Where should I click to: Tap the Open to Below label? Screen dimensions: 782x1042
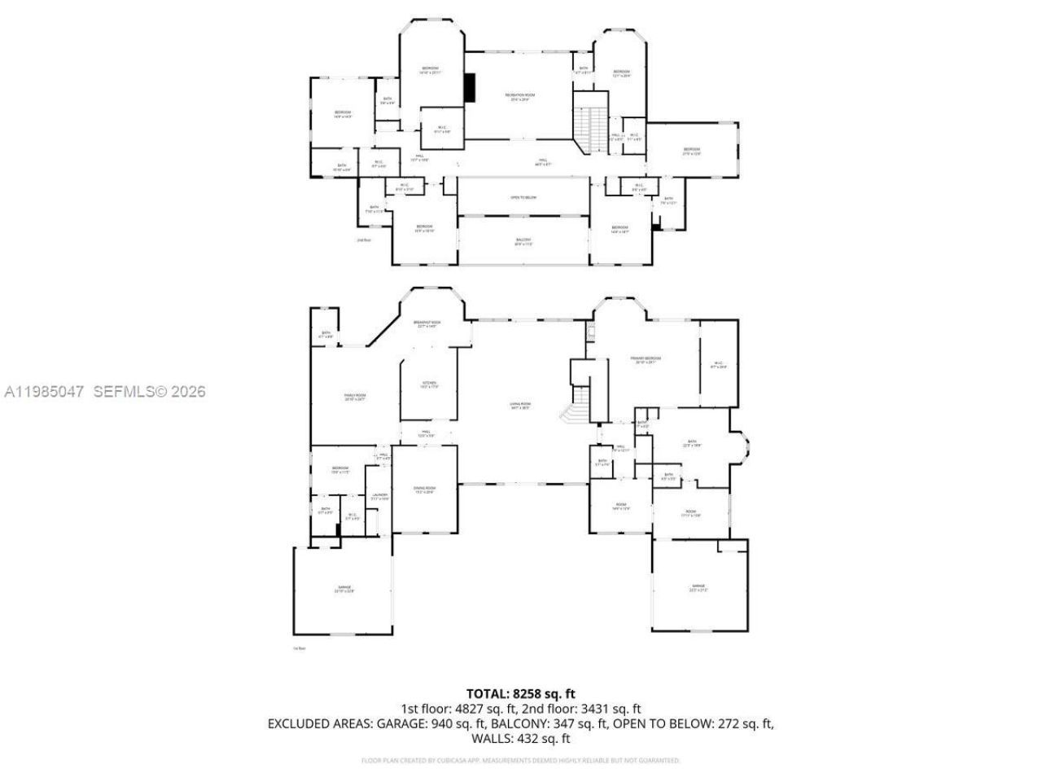click(523, 198)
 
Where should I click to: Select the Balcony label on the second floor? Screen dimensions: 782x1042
click(523, 241)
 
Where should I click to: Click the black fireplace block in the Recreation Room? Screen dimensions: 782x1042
click(470, 88)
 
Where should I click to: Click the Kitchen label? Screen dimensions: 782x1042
click(429, 384)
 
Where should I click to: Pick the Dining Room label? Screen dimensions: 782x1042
click(425, 490)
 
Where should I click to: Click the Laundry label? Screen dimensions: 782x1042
click(379, 496)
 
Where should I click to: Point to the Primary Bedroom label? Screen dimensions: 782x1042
click(646, 360)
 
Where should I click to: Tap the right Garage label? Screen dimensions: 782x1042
click(698, 588)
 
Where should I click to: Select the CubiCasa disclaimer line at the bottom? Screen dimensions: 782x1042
click(521, 761)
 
